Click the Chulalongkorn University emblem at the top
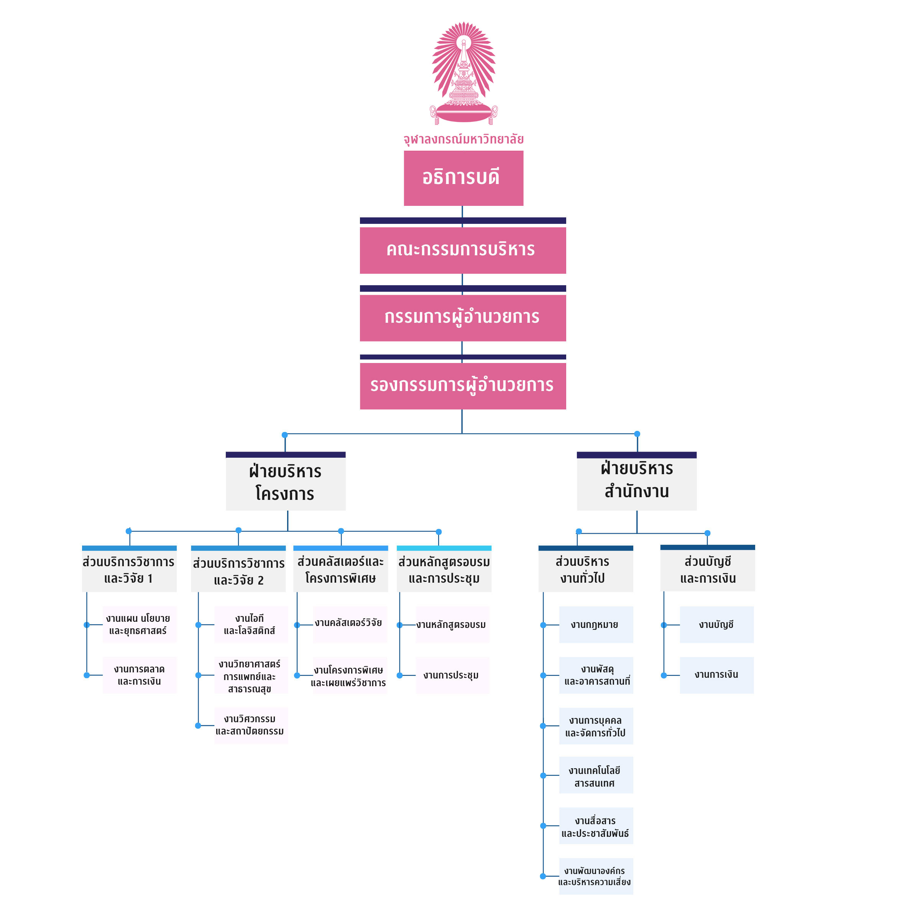click(x=463, y=73)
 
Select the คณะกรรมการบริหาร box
click(x=462, y=250)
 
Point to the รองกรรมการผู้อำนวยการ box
click(x=462, y=386)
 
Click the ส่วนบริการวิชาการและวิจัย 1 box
click(x=129, y=570)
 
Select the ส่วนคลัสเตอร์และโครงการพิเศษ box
click(x=341, y=570)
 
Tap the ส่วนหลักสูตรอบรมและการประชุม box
click(x=444, y=570)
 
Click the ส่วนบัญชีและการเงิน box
click(x=708, y=570)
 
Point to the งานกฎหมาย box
click(x=596, y=625)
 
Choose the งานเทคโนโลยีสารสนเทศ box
click(x=596, y=777)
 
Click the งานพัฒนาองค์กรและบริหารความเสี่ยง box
click(x=596, y=876)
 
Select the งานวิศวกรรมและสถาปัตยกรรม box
click(x=251, y=725)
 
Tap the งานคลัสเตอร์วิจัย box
click(x=350, y=624)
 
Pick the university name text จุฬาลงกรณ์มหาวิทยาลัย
click(x=463, y=139)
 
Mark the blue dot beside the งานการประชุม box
click(x=399, y=675)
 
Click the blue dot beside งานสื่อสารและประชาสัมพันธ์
click(x=543, y=826)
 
